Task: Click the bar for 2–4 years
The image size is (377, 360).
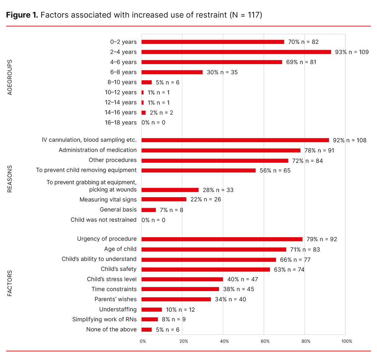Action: point(236,52)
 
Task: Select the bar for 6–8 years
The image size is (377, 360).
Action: point(172,72)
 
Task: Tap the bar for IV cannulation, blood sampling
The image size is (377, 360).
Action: point(235,140)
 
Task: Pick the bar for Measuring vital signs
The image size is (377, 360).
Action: point(164,199)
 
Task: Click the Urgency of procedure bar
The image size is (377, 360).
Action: point(222,239)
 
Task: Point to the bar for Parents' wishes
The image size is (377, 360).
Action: point(176,299)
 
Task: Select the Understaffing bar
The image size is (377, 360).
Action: point(151,310)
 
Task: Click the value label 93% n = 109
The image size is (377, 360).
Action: point(352,52)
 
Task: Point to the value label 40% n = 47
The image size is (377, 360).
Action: point(243,279)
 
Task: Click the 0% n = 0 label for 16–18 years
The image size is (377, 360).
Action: point(154,122)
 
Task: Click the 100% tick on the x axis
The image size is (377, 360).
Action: point(346,341)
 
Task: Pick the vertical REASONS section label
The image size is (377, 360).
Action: point(10,179)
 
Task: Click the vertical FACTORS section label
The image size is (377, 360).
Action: point(10,284)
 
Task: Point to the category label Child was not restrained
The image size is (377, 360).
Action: point(103,220)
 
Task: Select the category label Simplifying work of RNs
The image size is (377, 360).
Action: point(104,319)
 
